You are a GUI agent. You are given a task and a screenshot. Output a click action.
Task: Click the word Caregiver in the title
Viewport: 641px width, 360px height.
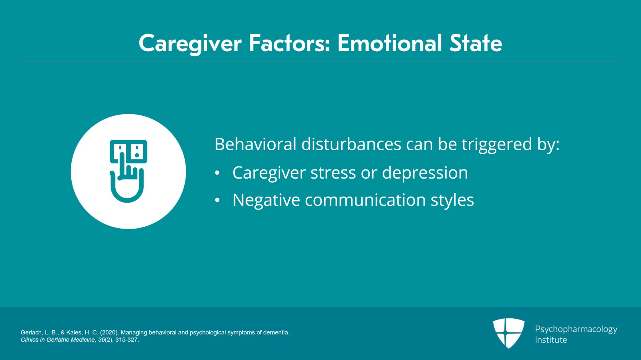click(190, 44)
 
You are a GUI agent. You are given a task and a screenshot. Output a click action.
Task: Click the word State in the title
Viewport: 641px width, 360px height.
click(476, 43)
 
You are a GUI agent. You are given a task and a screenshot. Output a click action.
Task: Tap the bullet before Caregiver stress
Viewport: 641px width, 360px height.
click(217, 173)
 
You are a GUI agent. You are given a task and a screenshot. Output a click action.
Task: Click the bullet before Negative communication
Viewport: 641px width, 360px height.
click(217, 200)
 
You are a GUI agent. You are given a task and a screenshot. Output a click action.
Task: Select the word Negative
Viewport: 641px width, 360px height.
click(266, 200)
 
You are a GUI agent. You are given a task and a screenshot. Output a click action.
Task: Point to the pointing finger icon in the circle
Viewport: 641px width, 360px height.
click(128, 171)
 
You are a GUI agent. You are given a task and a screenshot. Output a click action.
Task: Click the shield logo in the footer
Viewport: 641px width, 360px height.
click(508, 333)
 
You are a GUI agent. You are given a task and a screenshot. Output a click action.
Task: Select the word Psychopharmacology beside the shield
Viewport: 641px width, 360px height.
click(576, 330)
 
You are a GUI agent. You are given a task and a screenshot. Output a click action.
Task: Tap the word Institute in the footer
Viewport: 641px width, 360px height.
click(551, 340)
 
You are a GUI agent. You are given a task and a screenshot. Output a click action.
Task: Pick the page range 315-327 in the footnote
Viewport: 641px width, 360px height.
click(126, 340)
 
